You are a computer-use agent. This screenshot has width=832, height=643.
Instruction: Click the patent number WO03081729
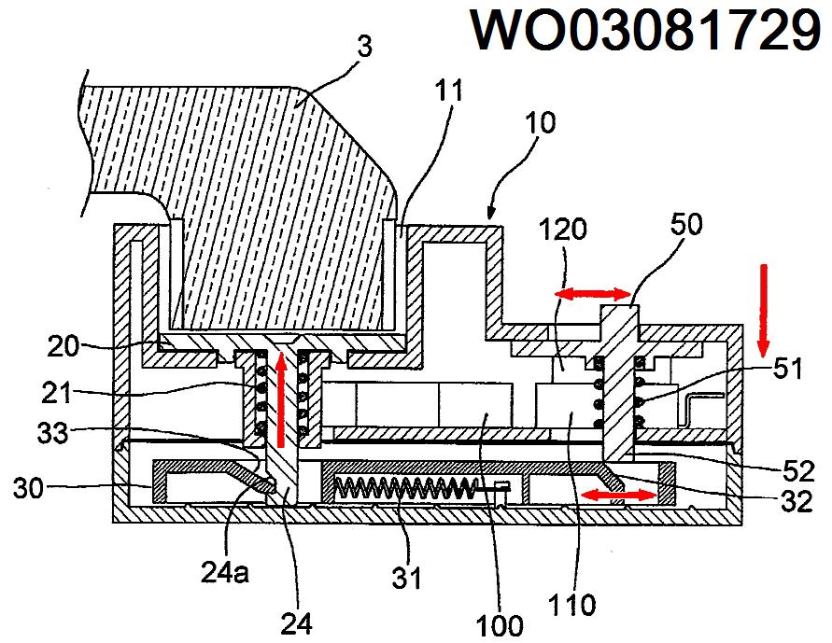pos(647,30)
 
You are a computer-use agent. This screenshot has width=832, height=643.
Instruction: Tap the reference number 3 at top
pos(364,47)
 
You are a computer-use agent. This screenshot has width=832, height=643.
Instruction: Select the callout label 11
pos(449,91)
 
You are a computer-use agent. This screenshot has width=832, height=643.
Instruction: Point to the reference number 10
pos(540,122)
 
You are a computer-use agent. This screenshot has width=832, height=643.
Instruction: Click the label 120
pos(563,230)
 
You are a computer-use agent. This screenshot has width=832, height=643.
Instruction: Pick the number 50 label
pos(686,224)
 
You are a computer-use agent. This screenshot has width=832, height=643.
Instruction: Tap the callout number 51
pos(787,368)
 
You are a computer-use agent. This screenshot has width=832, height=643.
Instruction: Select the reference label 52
pos(798,470)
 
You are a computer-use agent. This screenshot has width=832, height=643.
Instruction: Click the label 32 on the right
pos(797,501)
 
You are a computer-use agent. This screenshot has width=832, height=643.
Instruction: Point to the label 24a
pos(224,572)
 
